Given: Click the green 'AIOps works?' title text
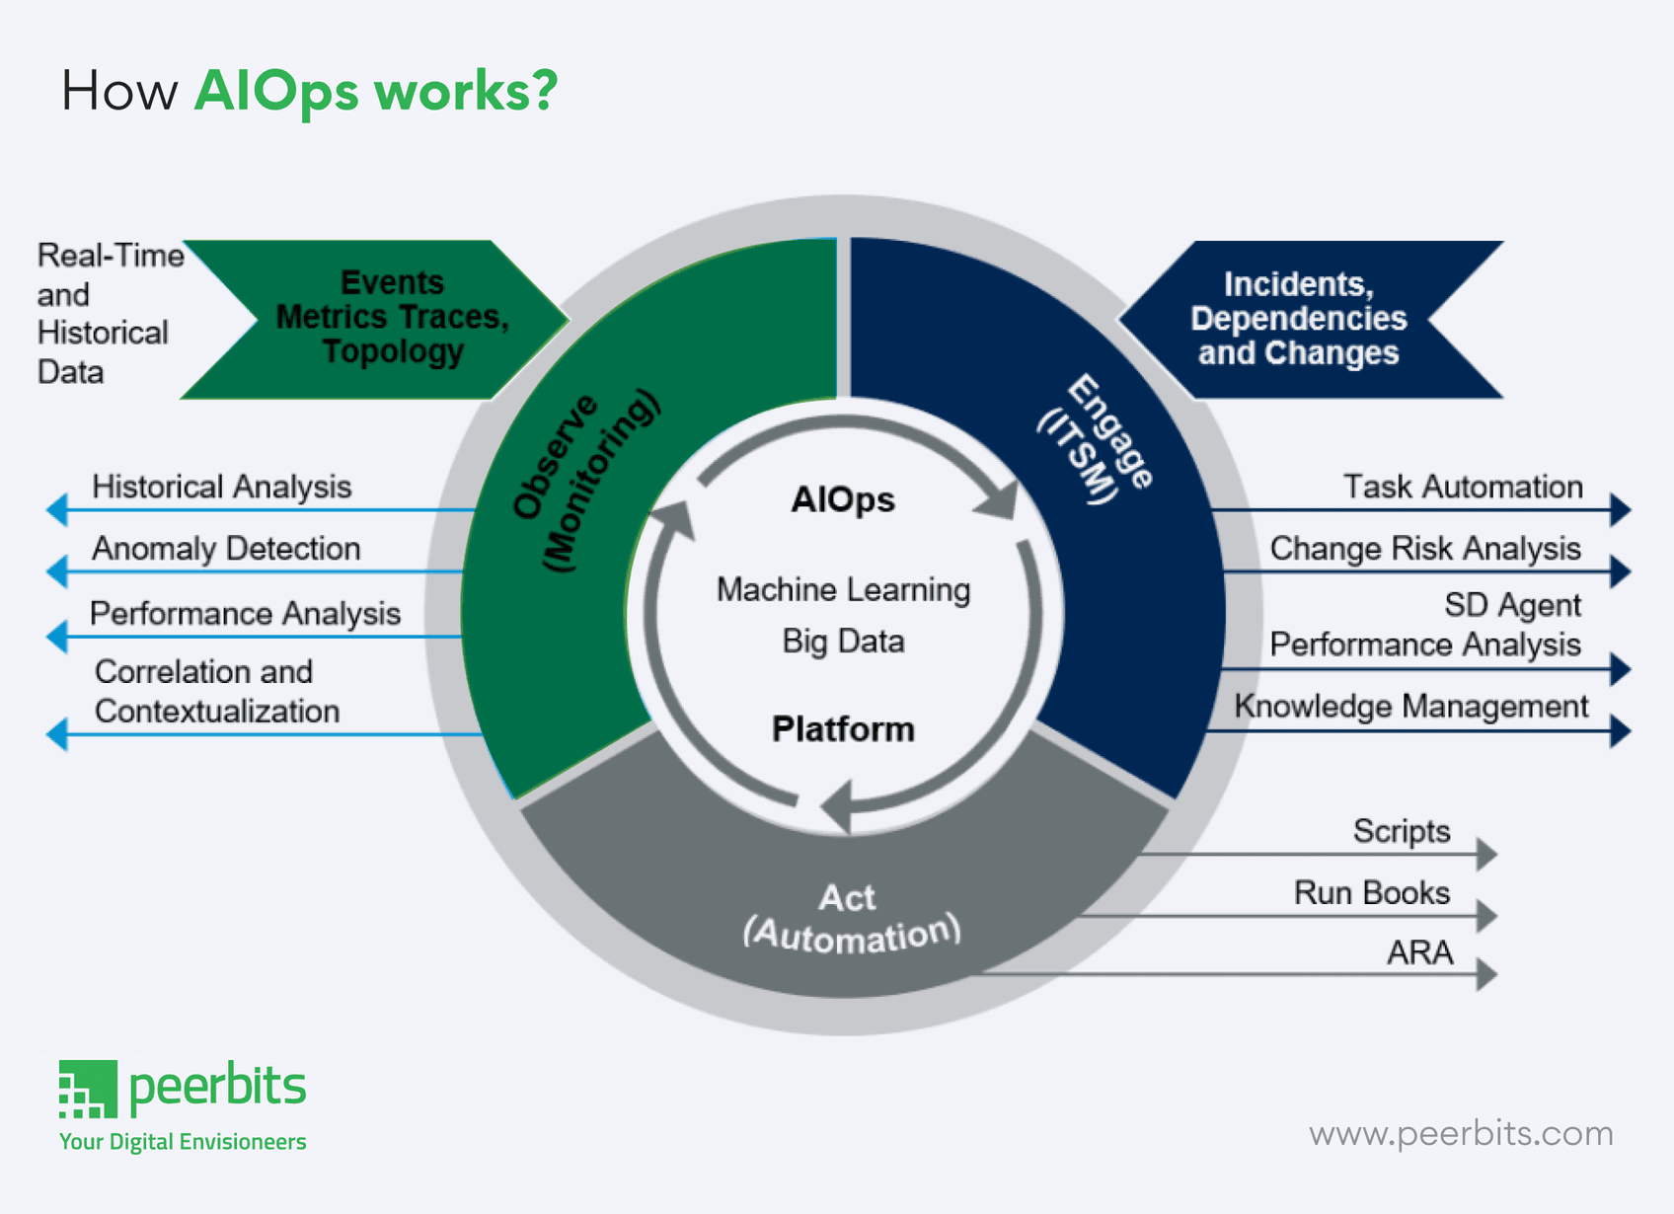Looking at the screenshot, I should click(375, 92).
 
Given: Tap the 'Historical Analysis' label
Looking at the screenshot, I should click(221, 487).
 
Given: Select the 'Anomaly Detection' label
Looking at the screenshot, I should click(226, 549).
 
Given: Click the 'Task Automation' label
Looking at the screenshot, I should click(1463, 487).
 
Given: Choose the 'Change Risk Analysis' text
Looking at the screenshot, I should click(1425, 549).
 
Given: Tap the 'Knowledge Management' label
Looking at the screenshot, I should click(1410, 707).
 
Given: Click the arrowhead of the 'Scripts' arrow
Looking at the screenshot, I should click(1486, 854).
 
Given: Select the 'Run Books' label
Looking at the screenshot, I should click(1371, 893).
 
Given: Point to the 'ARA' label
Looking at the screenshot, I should click(1419, 953).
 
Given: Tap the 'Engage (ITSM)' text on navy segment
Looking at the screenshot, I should click(1095, 439).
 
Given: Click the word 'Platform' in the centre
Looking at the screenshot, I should click(843, 729).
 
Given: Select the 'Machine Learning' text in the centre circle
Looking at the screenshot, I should click(843, 590).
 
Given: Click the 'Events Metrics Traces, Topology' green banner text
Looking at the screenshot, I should click(392, 317).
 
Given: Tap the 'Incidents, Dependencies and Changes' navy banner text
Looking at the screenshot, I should click(1298, 319).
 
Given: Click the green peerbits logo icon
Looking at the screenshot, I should click(88, 1090).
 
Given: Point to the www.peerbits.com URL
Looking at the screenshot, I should click(1461, 1133).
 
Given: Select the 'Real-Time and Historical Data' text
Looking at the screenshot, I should click(107, 314).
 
